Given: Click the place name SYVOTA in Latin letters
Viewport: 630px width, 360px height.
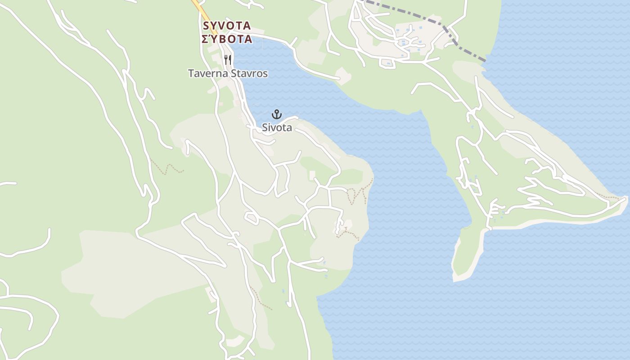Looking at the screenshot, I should point(227,25).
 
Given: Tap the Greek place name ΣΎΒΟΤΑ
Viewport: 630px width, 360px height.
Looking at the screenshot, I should point(227,39).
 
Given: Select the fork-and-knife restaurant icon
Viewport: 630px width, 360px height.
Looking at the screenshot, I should point(228,59).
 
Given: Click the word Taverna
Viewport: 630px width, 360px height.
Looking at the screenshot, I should point(207,73).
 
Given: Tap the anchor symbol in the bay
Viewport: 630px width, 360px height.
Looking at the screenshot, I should point(277,114).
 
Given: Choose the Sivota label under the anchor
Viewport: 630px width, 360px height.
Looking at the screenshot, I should point(277,128).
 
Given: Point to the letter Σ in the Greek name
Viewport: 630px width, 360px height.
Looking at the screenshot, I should point(205,39).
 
